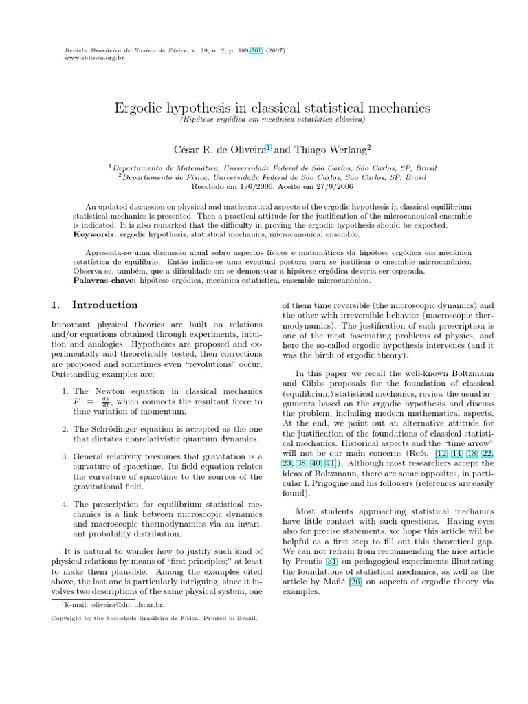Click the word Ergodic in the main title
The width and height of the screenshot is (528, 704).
click(x=138, y=108)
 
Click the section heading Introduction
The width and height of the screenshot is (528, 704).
click(x=104, y=305)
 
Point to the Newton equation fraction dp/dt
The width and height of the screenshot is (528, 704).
click(x=105, y=401)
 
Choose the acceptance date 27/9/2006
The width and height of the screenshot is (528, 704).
click(x=317, y=186)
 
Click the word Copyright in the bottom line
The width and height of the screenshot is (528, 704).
click(x=67, y=618)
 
